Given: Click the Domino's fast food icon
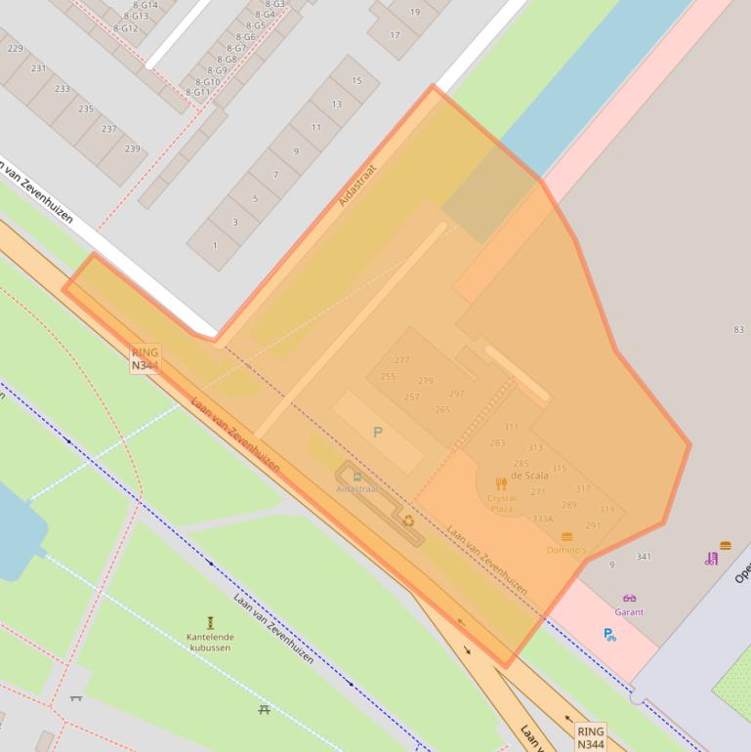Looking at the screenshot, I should tap(567, 537).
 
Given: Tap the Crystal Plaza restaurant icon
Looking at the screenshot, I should tap(501, 483).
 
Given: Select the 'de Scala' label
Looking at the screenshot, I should tap(529, 475).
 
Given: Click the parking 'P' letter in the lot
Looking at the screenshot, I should tap(378, 432).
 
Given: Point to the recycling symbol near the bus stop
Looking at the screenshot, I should tap(408, 521).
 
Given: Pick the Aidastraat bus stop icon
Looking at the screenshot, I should tap(356, 477).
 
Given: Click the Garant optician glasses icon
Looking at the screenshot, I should tap(629, 598).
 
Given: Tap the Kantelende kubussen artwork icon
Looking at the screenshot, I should tap(210, 622).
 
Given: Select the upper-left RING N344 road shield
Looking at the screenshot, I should tap(145, 358).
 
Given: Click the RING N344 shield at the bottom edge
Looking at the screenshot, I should tap(590, 736).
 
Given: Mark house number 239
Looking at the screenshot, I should tap(132, 148).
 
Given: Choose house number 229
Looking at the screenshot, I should tap(15, 48).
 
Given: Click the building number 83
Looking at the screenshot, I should tap(738, 330).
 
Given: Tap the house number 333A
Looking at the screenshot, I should tap(542, 519).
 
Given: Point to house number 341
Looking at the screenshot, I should tap(643, 557).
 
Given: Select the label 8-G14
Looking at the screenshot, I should tap(144, 5).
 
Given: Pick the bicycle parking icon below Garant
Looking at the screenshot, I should tap(609, 635).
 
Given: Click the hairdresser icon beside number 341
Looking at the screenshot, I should tap(711, 559).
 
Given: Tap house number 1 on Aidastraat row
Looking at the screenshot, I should tap(215, 244).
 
